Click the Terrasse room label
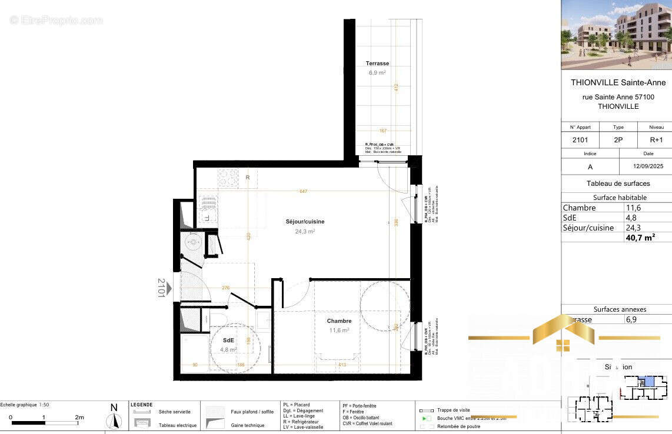point(377,64)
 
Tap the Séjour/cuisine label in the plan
point(305,222)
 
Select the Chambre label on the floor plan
point(340,321)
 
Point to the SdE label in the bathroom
point(228,340)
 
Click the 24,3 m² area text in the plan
point(305,232)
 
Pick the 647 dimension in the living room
point(303,191)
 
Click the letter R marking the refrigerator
point(248,177)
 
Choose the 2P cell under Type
point(618,140)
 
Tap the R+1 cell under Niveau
point(656,140)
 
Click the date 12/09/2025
point(645,167)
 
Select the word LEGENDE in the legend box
point(142,405)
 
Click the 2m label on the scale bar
point(79,417)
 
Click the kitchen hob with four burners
point(228,177)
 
